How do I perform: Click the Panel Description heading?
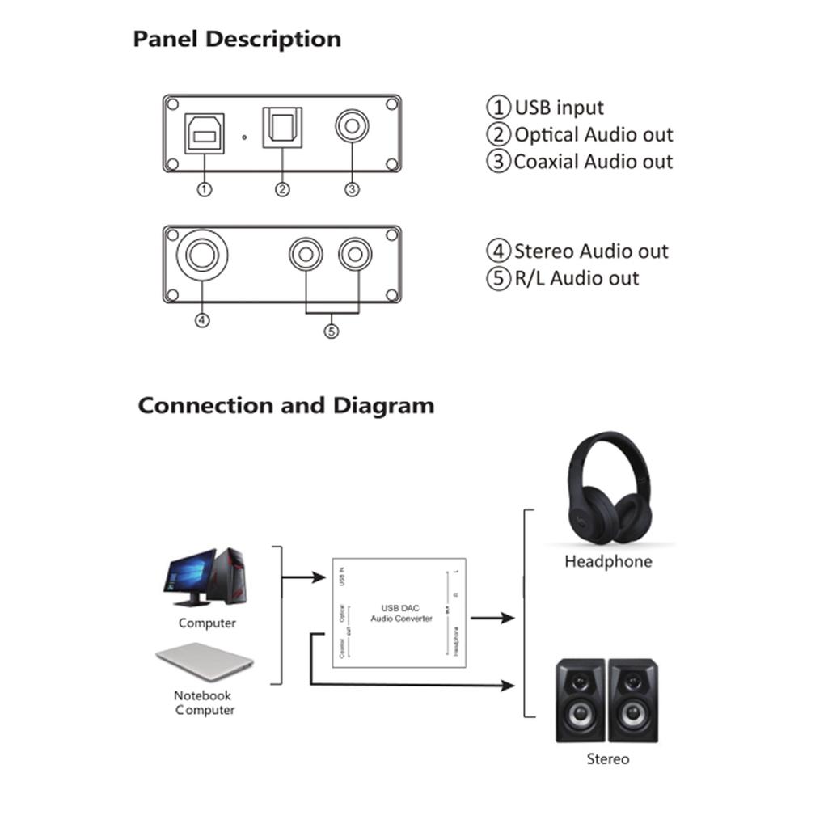coord(237,39)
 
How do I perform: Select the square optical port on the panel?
coord(281,129)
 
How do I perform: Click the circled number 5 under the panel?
coord(332,331)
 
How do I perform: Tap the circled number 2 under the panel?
coord(282,189)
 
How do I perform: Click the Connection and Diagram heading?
coord(285,405)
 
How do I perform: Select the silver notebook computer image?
coord(205,661)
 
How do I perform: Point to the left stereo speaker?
coord(581,700)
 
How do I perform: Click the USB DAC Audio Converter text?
coord(401,613)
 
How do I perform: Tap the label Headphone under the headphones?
coord(608,561)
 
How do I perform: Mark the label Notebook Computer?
coord(204,703)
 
